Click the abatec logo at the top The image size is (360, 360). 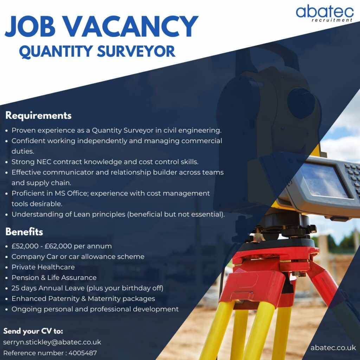(324, 13)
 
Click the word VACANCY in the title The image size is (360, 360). (131, 26)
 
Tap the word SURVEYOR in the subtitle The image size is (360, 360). (136, 51)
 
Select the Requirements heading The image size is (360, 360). (38, 115)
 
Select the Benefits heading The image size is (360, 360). (24, 232)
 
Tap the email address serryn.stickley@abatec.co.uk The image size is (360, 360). (52, 342)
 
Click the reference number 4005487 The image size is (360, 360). (83, 353)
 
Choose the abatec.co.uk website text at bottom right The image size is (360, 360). (333, 348)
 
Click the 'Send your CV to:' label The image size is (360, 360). (33, 331)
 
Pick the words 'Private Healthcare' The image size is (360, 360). (43, 267)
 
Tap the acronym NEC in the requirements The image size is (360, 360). (44, 162)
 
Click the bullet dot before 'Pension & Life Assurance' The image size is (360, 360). (7, 278)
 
